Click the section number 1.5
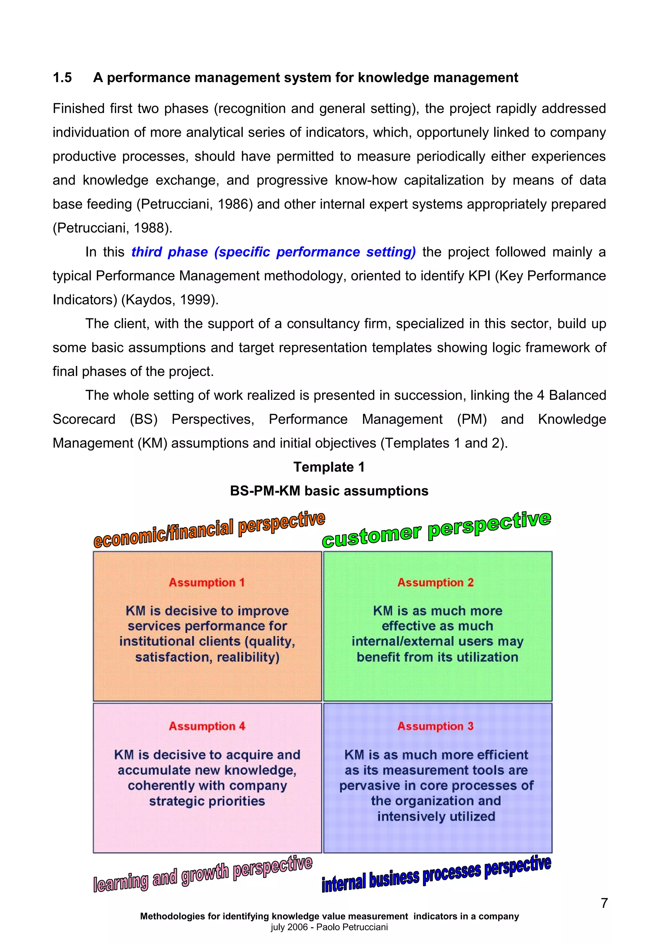click(x=62, y=77)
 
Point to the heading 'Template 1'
click(x=329, y=467)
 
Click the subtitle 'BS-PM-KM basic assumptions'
click(x=329, y=491)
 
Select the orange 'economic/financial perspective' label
click(x=209, y=530)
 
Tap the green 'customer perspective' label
click(x=436, y=530)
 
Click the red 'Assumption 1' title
click(x=207, y=583)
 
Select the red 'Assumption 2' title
click(x=435, y=583)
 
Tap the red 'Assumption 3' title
click(x=435, y=726)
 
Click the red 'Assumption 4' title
click(x=207, y=726)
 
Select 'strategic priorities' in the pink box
click(x=207, y=801)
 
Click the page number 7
click(x=604, y=903)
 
